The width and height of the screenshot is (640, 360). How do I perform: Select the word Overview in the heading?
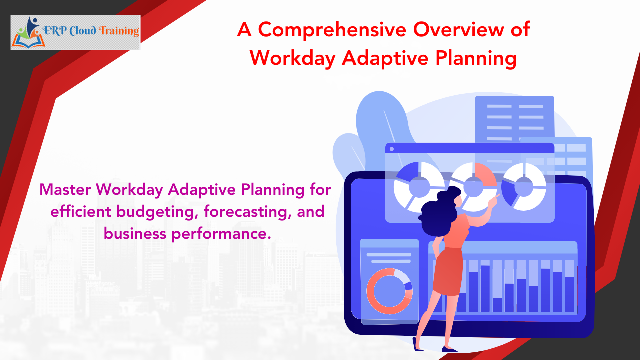pos(453,30)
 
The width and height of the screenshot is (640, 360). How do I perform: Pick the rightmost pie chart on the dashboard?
pos(524,186)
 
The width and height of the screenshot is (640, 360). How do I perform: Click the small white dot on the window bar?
pos(391,149)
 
